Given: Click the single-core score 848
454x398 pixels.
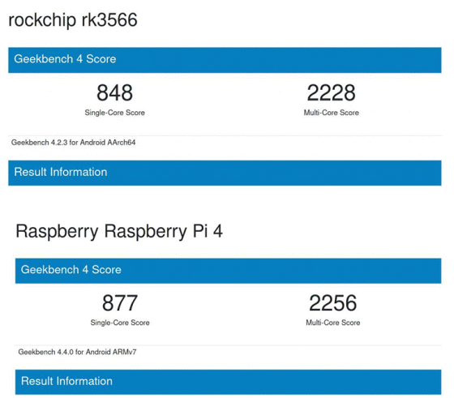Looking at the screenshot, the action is pyautogui.click(x=114, y=92).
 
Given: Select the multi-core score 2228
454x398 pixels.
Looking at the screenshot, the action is pyautogui.click(x=332, y=92).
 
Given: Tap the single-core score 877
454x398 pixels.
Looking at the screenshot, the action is pyautogui.click(x=120, y=303).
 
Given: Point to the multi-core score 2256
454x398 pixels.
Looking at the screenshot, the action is pyautogui.click(x=333, y=303).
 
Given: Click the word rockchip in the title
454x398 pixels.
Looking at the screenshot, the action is pyautogui.click(x=42, y=20).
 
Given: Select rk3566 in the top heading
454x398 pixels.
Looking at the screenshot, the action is pyautogui.click(x=109, y=19).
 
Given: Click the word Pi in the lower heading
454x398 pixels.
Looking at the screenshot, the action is pyautogui.click(x=200, y=231).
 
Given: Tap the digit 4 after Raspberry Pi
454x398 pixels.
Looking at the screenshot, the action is pyautogui.click(x=218, y=231).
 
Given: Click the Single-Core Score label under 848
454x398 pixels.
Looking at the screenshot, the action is pyautogui.click(x=114, y=113).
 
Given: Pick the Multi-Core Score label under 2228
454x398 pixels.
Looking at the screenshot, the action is pyautogui.click(x=332, y=113).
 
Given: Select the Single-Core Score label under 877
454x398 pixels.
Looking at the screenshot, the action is pyautogui.click(x=120, y=323).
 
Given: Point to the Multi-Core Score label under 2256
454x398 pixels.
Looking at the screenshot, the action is pyautogui.click(x=333, y=323).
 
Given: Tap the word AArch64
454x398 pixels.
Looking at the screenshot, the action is pyautogui.click(x=122, y=143).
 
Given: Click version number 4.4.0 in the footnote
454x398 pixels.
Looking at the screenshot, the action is pyautogui.click(x=65, y=352).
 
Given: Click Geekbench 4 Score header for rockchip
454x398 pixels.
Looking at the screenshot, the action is pyautogui.click(x=65, y=59).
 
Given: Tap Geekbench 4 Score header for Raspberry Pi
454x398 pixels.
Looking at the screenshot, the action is pyautogui.click(x=71, y=270).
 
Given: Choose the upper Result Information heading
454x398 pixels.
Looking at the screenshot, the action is pyautogui.click(x=61, y=172).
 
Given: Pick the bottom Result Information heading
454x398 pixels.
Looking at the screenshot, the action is pyautogui.click(x=66, y=381).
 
